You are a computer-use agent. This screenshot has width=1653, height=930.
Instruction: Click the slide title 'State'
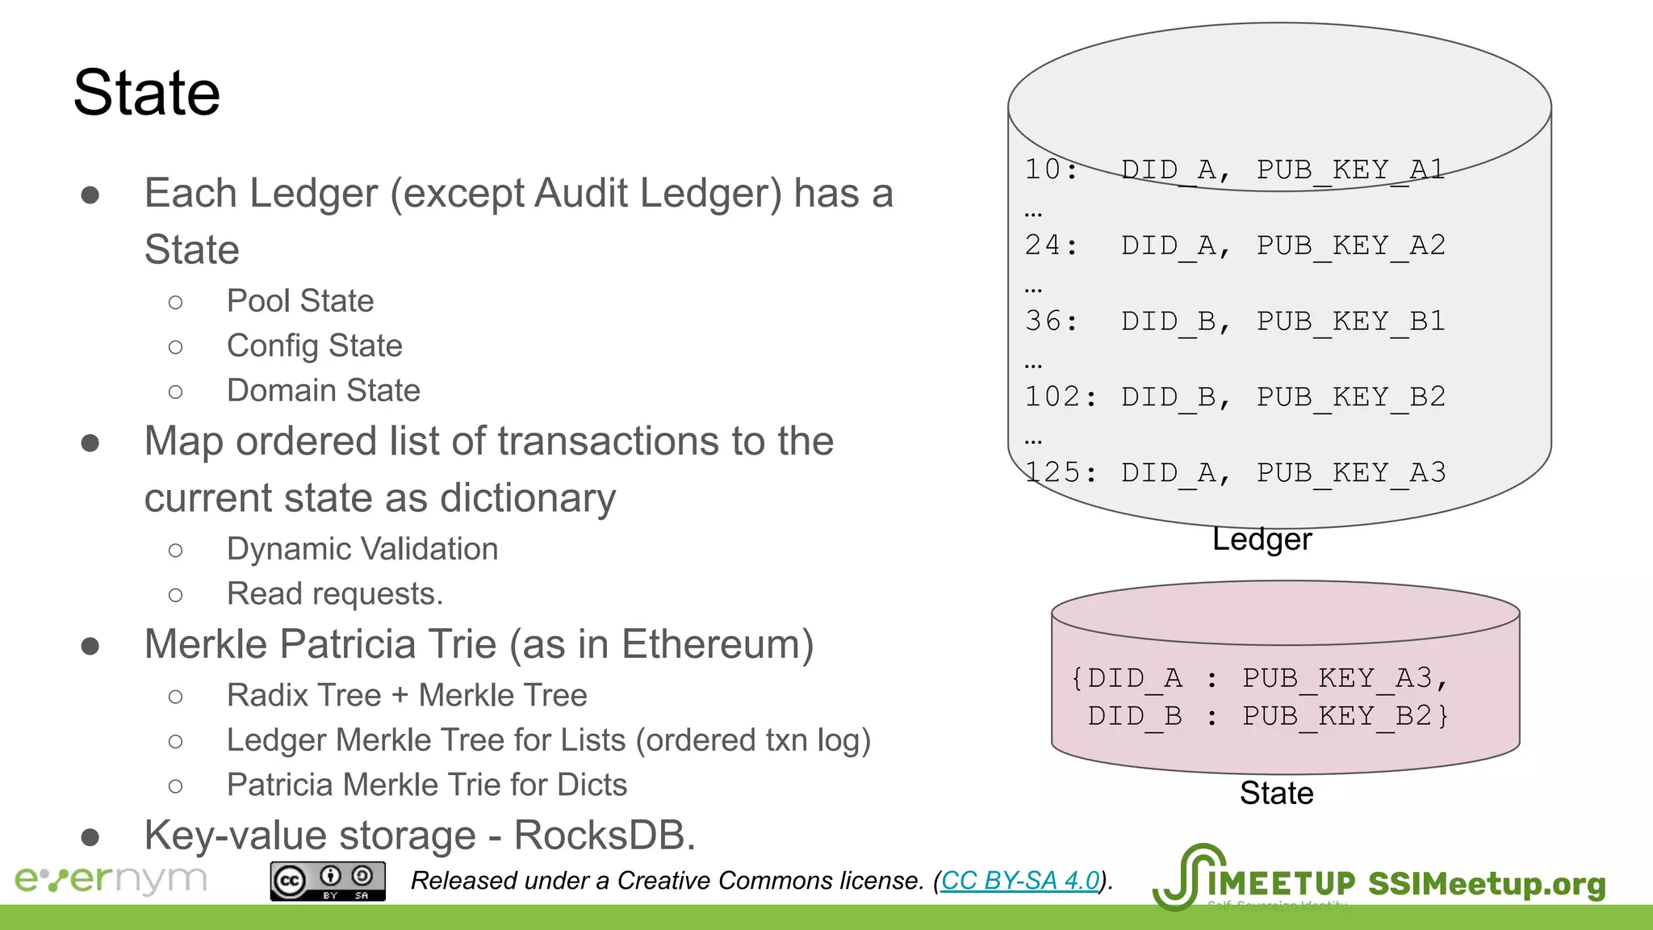(146, 93)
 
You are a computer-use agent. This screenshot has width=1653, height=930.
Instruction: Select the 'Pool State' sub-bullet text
(300, 301)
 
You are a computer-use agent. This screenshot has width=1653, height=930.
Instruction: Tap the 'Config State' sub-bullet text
(314, 346)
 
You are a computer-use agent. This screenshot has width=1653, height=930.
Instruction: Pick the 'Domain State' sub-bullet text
(323, 391)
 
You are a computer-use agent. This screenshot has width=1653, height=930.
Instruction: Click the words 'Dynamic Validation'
(362, 549)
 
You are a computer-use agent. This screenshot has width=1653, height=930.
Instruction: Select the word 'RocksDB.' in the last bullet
(605, 836)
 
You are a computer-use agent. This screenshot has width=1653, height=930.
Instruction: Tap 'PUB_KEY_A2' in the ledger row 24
(1350, 245)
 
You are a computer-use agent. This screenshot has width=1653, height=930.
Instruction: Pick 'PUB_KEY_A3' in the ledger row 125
(1350, 473)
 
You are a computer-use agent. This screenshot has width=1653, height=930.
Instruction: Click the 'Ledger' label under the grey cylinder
(1262, 539)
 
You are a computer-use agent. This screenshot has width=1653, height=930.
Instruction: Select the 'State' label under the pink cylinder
(1276, 794)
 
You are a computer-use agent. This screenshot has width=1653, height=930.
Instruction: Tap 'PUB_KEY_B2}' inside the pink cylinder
(1345, 716)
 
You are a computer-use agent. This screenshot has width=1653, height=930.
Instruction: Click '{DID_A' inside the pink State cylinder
(1126, 678)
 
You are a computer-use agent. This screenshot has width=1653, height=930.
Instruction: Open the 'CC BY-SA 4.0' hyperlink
(1020, 881)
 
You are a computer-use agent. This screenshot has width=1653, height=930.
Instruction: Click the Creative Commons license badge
(328, 881)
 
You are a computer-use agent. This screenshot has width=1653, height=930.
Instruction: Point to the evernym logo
(111, 879)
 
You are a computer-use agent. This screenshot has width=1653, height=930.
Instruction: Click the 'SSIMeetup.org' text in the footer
(1486, 884)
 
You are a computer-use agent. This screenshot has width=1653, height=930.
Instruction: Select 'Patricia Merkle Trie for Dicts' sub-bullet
(426, 785)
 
